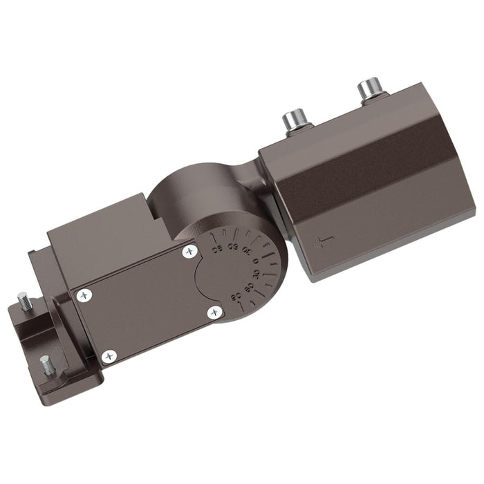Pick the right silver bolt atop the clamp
point(369,91)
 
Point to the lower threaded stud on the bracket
point(46,364)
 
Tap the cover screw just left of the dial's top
point(189,252)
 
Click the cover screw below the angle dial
point(214,312)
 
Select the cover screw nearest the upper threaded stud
point(84,295)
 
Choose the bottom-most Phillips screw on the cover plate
point(108,357)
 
